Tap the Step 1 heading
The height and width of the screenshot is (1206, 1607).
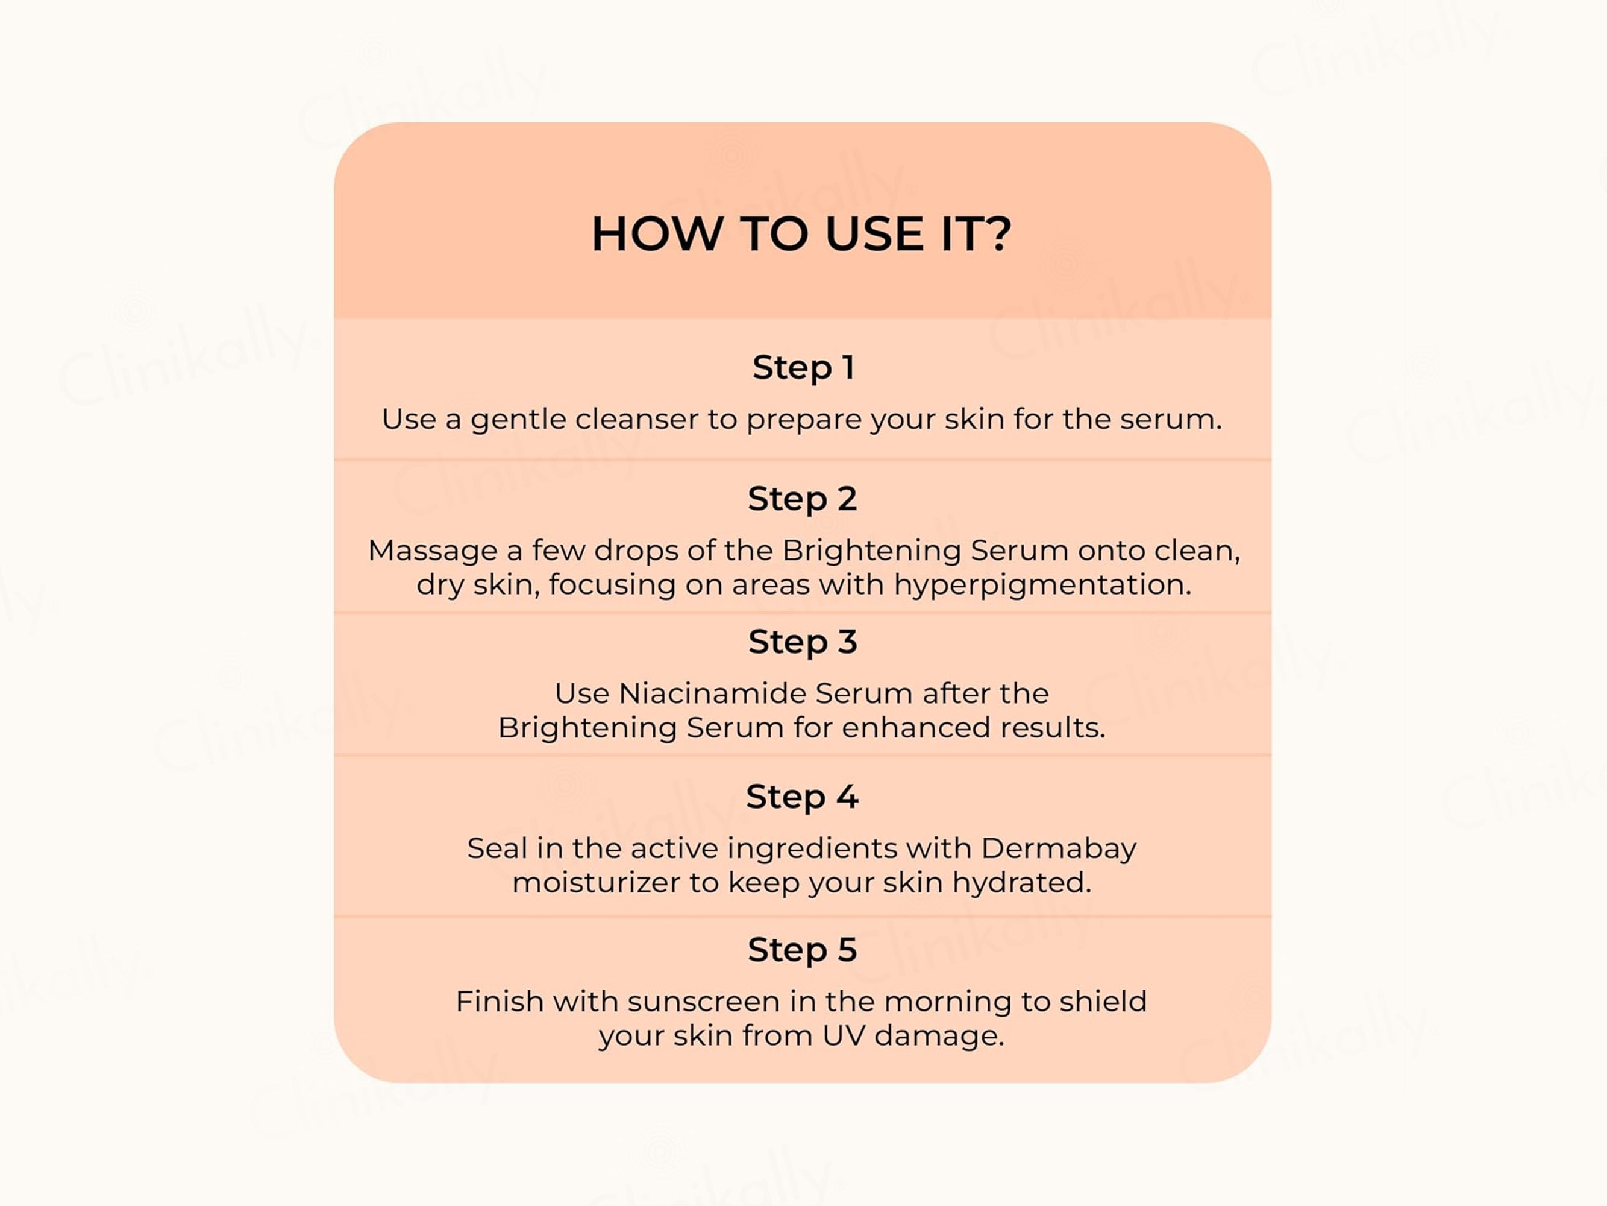pos(803,367)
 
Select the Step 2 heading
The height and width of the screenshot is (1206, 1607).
pos(803,499)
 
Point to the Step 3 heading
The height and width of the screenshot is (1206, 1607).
pos(803,642)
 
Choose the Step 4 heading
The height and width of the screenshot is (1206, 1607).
pos(803,797)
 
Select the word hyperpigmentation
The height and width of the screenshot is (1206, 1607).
pos(1042,585)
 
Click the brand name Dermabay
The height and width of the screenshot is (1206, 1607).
pos(1059,849)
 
